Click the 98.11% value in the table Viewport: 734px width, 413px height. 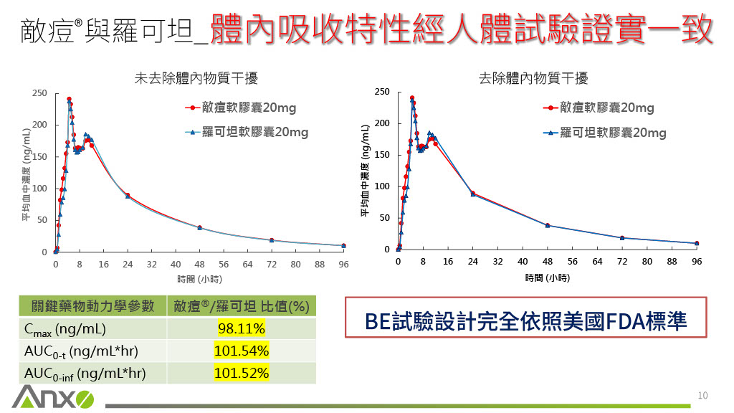coord(241,329)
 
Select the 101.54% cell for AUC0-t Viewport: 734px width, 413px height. coord(241,351)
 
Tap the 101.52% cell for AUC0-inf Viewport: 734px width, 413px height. coord(241,373)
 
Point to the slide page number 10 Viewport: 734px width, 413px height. coord(702,395)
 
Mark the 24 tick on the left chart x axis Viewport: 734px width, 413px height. coord(128,265)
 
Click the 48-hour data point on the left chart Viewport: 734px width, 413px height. coord(199,227)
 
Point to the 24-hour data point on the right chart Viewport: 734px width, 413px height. coord(472,194)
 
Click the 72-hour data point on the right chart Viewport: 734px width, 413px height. coord(622,238)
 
